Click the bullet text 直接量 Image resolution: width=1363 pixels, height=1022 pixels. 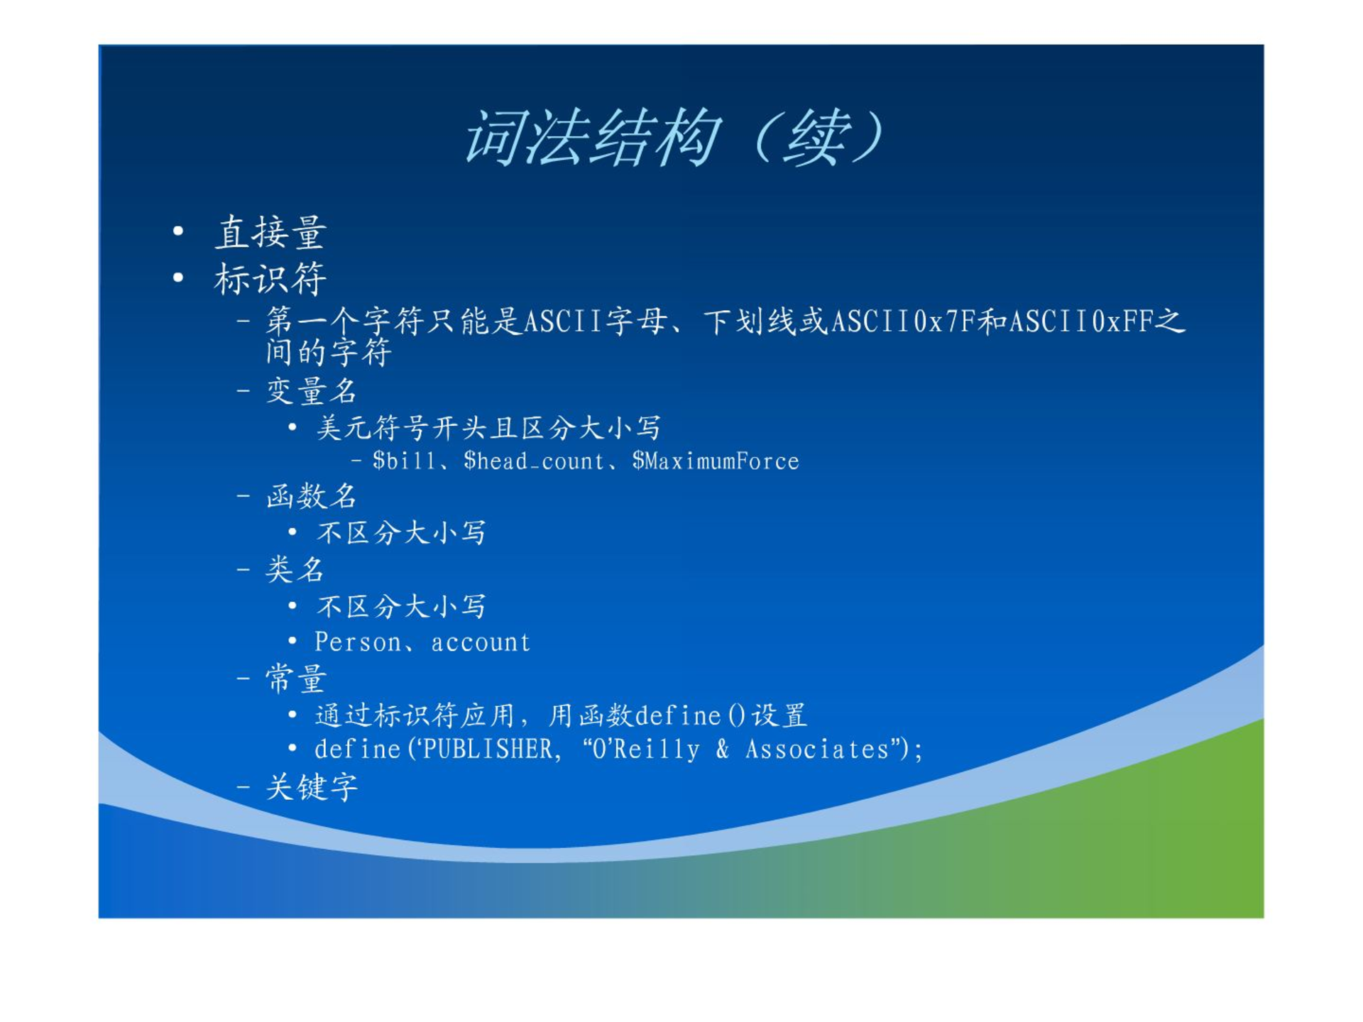coord(270,233)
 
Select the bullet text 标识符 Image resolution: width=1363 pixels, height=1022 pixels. coord(270,278)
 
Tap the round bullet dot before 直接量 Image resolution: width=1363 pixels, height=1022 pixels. coord(178,231)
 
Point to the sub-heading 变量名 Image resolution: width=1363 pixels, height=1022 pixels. coord(311,391)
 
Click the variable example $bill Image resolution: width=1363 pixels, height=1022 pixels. coord(404,461)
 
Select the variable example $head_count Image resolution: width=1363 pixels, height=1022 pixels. coord(533,461)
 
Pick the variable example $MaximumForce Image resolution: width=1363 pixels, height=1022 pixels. coord(716,461)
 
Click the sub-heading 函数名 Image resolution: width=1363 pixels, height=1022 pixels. coord(311,496)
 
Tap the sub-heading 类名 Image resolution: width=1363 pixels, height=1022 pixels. coord(295,569)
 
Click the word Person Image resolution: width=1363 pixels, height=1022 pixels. coord(358,642)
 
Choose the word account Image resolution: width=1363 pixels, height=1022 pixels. coord(481,643)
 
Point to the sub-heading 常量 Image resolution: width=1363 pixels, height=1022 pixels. coord(295,678)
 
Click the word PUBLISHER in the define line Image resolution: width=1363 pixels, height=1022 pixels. coord(488,749)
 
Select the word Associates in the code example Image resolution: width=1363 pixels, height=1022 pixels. coord(817,749)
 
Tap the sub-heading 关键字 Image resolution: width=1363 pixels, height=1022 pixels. coord(312,787)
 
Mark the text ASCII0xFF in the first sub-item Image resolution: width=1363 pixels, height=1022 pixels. coord(1081,322)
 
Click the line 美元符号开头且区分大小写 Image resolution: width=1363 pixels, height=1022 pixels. coord(488,428)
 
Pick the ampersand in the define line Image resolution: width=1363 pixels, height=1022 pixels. coord(723,749)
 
